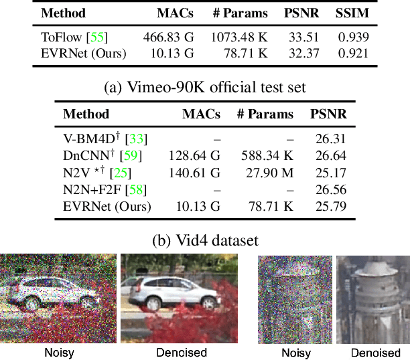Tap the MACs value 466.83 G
click(x=167, y=36)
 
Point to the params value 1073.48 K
click(x=238, y=36)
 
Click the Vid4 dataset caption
click(x=205, y=240)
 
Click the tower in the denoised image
click(x=371, y=294)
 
